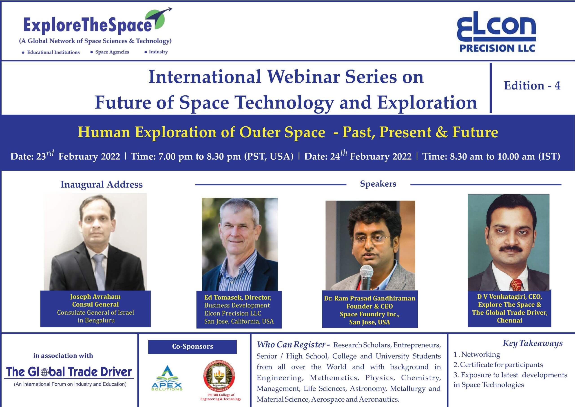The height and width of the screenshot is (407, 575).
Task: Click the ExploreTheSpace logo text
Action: tap(88, 26)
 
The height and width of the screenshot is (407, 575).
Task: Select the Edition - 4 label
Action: tap(532, 85)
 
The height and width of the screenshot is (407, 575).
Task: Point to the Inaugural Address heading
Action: tap(102, 184)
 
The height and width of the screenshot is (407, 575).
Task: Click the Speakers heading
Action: tap(378, 184)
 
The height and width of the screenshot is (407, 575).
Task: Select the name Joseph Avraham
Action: tap(95, 297)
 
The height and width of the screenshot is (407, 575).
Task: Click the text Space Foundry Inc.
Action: tap(370, 314)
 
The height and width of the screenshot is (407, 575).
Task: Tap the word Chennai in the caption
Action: tap(509, 320)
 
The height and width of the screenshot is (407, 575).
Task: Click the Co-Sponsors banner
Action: tap(192, 347)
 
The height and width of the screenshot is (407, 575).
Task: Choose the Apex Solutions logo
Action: tap(167, 378)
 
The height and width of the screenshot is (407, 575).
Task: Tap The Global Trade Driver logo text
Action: tap(69, 372)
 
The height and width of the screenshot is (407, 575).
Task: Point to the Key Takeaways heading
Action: tap(533, 343)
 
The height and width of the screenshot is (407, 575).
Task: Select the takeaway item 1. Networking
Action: tap(477, 354)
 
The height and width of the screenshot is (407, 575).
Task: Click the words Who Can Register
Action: tap(291, 344)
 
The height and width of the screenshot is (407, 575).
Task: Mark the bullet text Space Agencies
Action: tap(112, 52)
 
